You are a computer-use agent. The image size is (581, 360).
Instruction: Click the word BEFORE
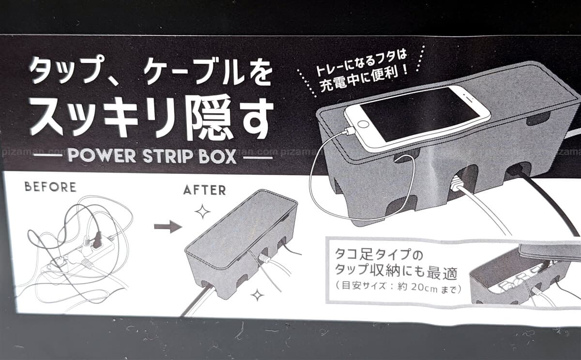pyautogui.click(x=50, y=187)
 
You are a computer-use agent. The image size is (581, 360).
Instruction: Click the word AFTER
pyautogui.click(x=205, y=190)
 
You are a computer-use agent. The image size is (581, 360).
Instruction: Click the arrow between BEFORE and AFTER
pyautogui.click(x=168, y=227)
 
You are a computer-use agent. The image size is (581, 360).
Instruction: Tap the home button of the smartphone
pyautogui.click(x=363, y=124)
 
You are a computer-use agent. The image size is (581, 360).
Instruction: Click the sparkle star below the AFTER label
pyautogui.click(x=202, y=212)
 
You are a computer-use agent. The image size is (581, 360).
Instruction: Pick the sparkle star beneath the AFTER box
pyautogui.click(x=257, y=295)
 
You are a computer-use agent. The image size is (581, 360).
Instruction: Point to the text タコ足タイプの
pyautogui.click(x=379, y=254)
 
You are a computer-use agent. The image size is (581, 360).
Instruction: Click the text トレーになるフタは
pyautogui.click(x=361, y=63)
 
